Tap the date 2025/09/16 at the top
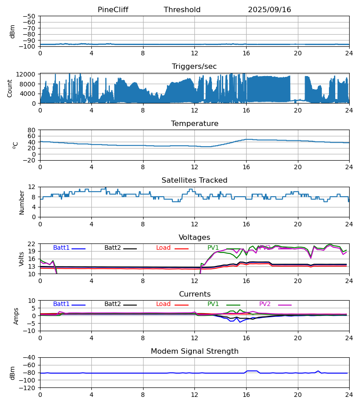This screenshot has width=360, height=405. click(270, 10)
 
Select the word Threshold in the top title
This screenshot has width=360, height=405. click(182, 10)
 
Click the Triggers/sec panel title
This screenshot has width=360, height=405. click(194, 67)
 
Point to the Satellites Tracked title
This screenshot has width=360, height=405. click(194, 180)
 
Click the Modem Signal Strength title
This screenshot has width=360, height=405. click(194, 351)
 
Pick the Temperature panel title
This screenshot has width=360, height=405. click(194, 124)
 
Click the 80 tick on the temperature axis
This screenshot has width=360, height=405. click(32, 130)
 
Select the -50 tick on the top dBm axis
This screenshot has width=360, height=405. click(30, 16)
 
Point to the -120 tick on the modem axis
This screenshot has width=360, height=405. click(28, 388)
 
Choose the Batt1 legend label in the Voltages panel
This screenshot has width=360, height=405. click(61, 248)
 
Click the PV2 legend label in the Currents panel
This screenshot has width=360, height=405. click(265, 304)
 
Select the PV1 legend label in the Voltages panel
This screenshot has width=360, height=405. click(213, 248)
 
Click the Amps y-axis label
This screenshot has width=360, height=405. click(17, 316)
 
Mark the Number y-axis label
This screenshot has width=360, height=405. click(22, 202)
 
